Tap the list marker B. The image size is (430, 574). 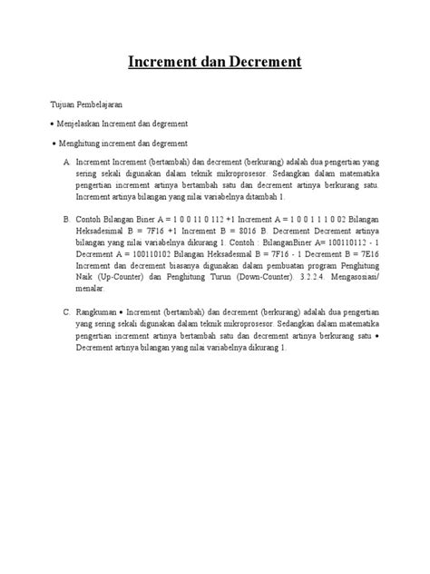[66, 219]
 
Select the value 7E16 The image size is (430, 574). [365, 254]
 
